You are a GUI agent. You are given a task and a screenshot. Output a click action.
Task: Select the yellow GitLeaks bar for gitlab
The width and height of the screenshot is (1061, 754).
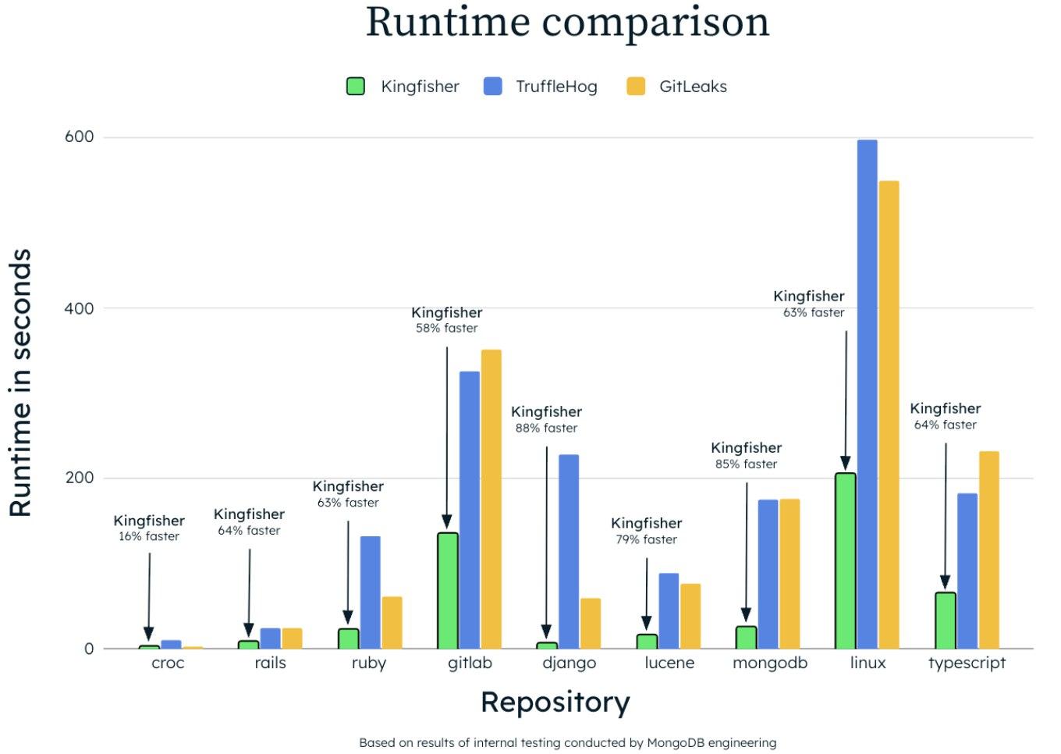[491, 500]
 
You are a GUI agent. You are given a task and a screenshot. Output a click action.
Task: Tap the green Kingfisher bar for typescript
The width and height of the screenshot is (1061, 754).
[945, 621]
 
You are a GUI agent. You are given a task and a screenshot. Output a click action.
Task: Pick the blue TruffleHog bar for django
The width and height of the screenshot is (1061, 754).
[569, 551]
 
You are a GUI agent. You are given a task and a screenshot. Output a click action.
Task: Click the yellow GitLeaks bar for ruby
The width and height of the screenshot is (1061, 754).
[392, 623]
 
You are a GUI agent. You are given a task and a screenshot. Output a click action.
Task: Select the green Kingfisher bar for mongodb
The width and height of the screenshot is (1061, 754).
[746, 637]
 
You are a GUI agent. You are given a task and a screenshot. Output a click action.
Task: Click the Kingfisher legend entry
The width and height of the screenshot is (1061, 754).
[403, 87]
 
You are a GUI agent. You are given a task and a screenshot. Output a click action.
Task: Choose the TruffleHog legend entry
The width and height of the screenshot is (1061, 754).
[541, 87]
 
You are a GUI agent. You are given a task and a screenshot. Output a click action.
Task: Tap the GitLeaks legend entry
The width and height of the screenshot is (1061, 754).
[677, 87]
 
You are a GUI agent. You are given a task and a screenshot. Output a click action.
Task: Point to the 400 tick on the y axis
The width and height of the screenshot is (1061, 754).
[79, 308]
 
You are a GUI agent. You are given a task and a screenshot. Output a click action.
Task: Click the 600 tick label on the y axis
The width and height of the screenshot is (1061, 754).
[79, 137]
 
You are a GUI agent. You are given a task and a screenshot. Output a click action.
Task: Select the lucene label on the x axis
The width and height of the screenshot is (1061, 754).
[669, 663]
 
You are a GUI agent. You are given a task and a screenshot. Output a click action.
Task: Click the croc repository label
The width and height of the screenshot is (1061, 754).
[168, 663]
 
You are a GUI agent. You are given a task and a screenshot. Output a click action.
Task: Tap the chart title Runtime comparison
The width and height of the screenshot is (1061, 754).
[567, 22]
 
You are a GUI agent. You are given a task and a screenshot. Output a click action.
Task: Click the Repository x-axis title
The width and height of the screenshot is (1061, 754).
[555, 702]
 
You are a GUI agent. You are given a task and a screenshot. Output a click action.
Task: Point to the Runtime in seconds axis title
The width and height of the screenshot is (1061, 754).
[20, 382]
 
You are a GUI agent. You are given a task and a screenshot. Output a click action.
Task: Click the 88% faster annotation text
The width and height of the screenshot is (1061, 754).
[546, 429]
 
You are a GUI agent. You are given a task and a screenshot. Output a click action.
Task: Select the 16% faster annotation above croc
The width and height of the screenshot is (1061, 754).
[149, 537]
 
